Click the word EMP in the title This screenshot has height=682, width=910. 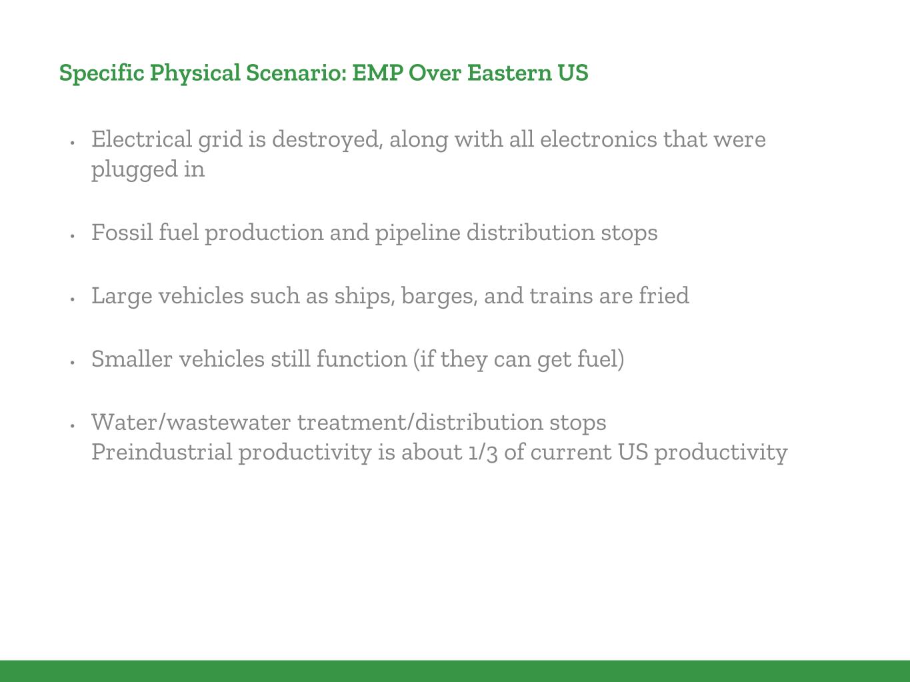point(378,73)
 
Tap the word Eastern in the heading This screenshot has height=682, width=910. point(509,73)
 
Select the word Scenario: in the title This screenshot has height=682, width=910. point(297,73)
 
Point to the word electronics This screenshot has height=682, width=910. point(599,139)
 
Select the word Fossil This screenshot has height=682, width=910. point(122,232)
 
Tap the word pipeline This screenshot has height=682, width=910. point(418,233)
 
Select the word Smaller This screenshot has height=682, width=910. point(132,359)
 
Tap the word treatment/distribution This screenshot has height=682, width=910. point(421,422)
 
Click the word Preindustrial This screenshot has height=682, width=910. point(162,452)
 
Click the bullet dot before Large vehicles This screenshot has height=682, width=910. point(73,299)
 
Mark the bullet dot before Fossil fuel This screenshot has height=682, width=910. point(73,236)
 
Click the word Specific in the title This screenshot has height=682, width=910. point(101,73)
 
